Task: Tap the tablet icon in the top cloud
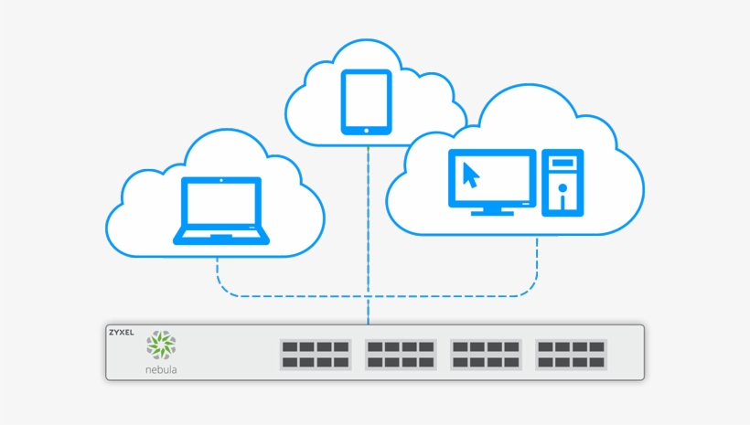[x=366, y=102]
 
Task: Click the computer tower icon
[x=562, y=183]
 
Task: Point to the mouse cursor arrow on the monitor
[x=470, y=174]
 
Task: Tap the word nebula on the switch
[x=161, y=370]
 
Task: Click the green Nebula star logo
[x=161, y=345]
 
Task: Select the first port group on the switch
[x=316, y=355]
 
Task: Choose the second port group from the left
[x=401, y=355]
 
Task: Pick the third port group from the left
[x=486, y=355]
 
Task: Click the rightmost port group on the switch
[x=571, y=355]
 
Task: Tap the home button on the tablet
[x=366, y=130]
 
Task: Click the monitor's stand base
[x=492, y=212]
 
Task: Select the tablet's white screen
[x=366, y=99]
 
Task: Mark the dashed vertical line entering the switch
[x=368, y=311]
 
